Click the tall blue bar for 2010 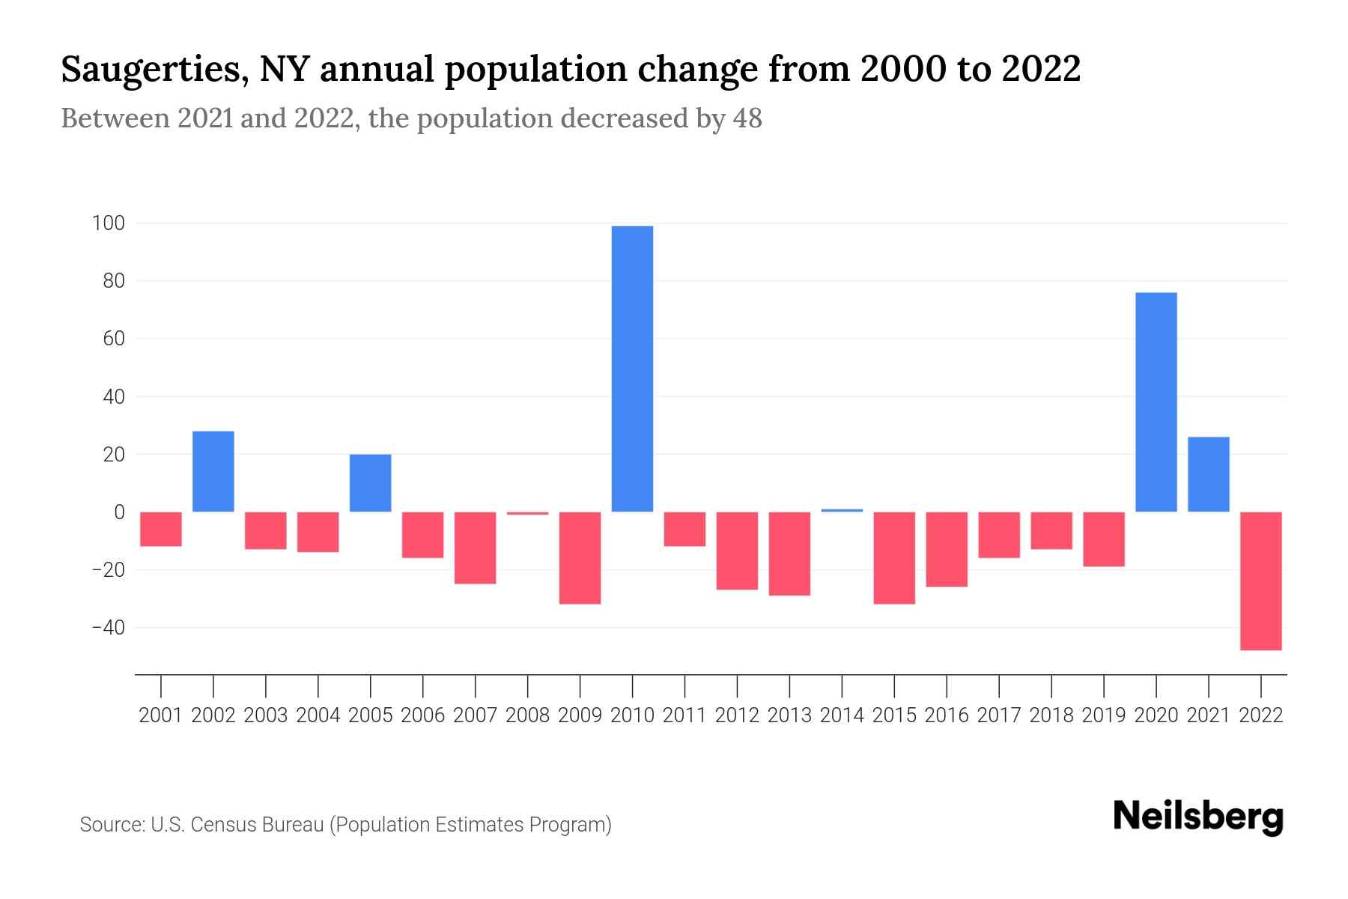coord(632,369)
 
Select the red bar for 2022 coord(1261,581)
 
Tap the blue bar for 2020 coord(1156,402)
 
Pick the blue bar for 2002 coord(213,471)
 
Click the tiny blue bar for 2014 coord(842,510)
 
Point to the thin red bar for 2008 coord(528,513)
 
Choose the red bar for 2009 coord(580,557)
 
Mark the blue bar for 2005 coord(371,483)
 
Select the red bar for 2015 coord(894,557)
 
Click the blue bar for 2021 coord(1209,474)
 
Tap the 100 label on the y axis coord(108,223)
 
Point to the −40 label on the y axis coord(108,628)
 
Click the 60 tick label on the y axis coord(114,339)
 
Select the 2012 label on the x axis coord(737,715)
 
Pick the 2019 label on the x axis coord(1104,715)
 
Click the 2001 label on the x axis coord(161,715)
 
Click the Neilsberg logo coord(1198,817)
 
